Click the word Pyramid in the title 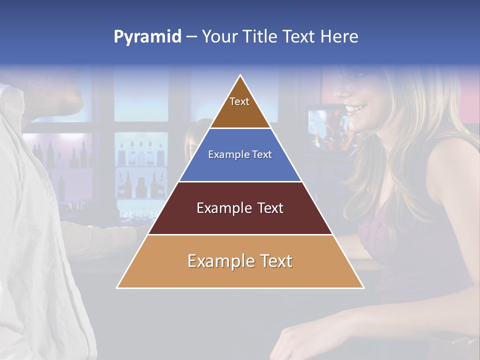(x=147, y=37)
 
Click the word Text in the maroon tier (x=270, y=208)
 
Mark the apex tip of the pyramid (x=240, y=76)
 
